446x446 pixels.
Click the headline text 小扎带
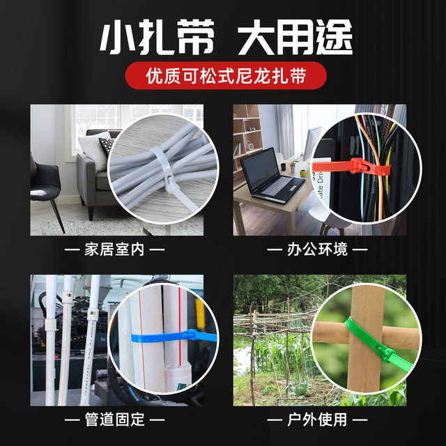pyautogui.click(x=154, y=38)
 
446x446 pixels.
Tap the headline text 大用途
pyautogui.click(x=295, y=38)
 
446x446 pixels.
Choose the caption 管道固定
pyautogui.click(x=114, y=420)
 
